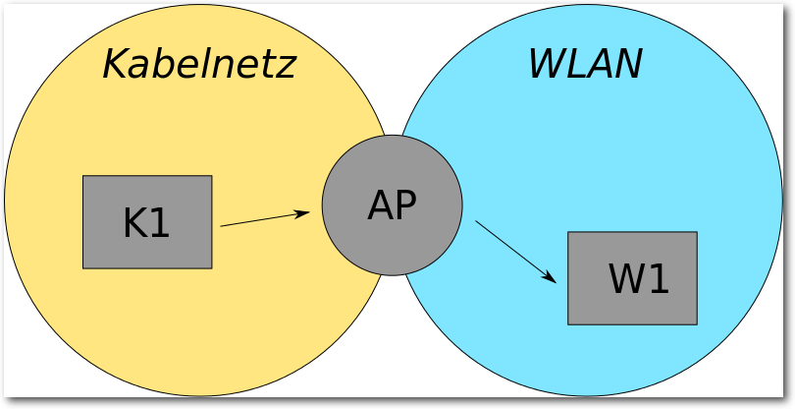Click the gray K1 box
tap(147, 221)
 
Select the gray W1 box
tap(632, 277)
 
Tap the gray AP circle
tap(392, 204)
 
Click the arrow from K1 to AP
tap(265, 218)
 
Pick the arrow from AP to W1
tap(515, 251)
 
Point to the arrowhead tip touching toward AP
tap(308, 211)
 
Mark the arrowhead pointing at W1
tap(555, 281)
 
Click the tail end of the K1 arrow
tap(222, 226)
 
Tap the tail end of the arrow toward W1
tap(477, 221)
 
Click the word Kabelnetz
tap(199, 65)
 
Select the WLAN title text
tap(585, 65)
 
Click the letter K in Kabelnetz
tap(116, 65)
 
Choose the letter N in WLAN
tap(628, 65)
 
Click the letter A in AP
tap(379, 205)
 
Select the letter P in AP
tap(404, 205)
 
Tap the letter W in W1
tap(627, 279)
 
